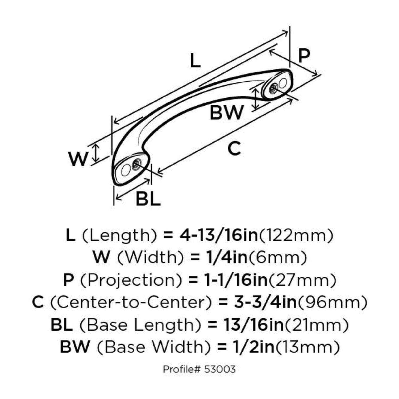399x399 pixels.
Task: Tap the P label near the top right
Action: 304,56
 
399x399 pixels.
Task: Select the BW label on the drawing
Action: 226,113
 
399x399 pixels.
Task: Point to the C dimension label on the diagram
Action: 234,149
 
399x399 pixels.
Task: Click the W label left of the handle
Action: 78,159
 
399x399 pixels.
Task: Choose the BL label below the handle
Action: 148,199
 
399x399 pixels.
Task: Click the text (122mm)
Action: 296,235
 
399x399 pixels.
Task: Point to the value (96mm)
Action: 332,302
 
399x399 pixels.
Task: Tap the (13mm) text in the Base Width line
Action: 307,347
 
